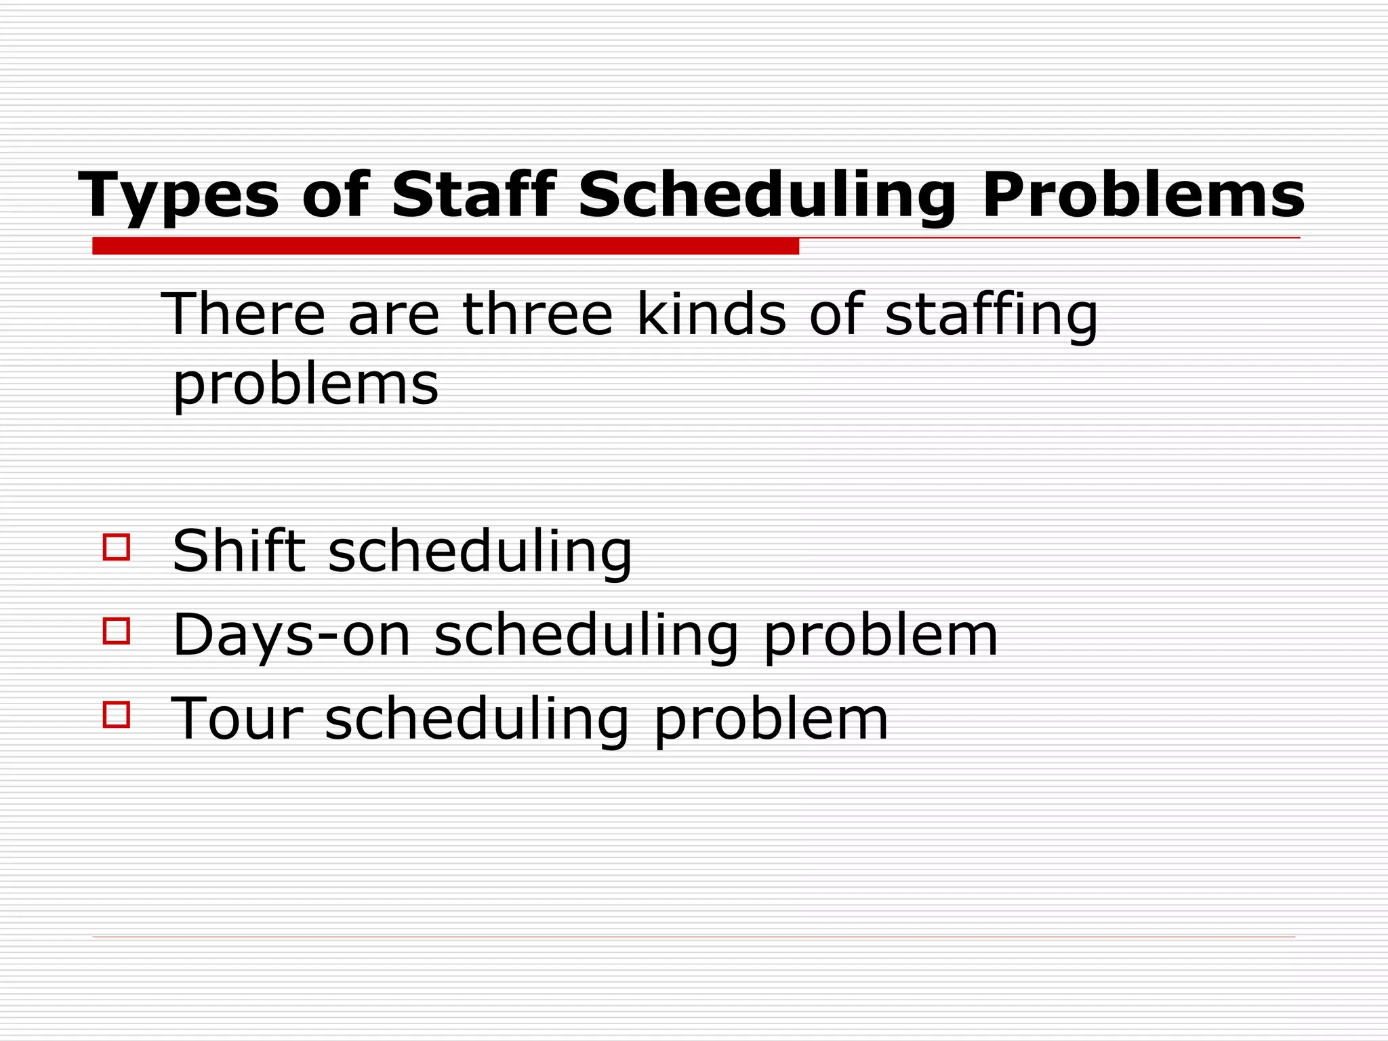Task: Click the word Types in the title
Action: pos(179,196)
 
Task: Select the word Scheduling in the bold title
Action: pos(767,196)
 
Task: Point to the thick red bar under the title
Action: pos(445,246)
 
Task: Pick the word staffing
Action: pos(991,315)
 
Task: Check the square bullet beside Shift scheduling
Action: pos(117,547)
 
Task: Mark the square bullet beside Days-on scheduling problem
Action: pos(117,630)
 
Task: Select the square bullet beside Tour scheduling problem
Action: pos(117,714)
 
